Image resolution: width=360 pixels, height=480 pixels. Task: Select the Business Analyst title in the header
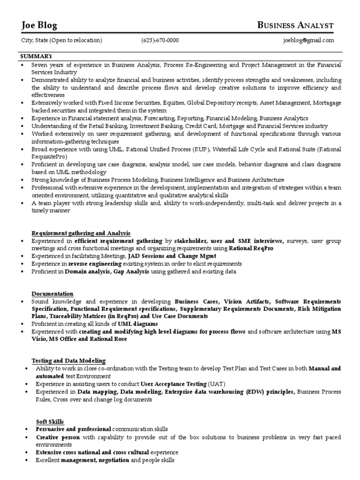(x=296, y=25)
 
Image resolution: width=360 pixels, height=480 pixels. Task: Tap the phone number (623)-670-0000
(x=160, y=40)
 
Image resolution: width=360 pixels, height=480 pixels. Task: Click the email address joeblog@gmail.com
(x=308, y=40)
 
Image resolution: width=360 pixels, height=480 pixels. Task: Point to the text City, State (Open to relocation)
(x=62, y=40)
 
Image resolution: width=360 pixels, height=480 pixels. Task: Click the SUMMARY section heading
(x=36, y=56)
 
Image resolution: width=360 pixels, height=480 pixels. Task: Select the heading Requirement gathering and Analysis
(x=81, y=233)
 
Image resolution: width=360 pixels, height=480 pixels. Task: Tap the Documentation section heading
(x=52, y=293)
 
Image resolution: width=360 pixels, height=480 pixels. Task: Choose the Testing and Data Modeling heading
(x=68, y=360)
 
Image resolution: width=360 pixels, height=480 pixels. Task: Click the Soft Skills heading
(x=50, y=421)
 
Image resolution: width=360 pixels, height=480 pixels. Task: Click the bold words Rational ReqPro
(x=251, y=248)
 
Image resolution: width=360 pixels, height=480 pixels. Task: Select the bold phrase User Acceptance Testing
(x=167, y=383)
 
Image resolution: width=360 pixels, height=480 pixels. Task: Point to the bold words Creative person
(x=58, y=437)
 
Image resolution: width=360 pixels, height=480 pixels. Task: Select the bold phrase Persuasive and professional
(x=74, y=429)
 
